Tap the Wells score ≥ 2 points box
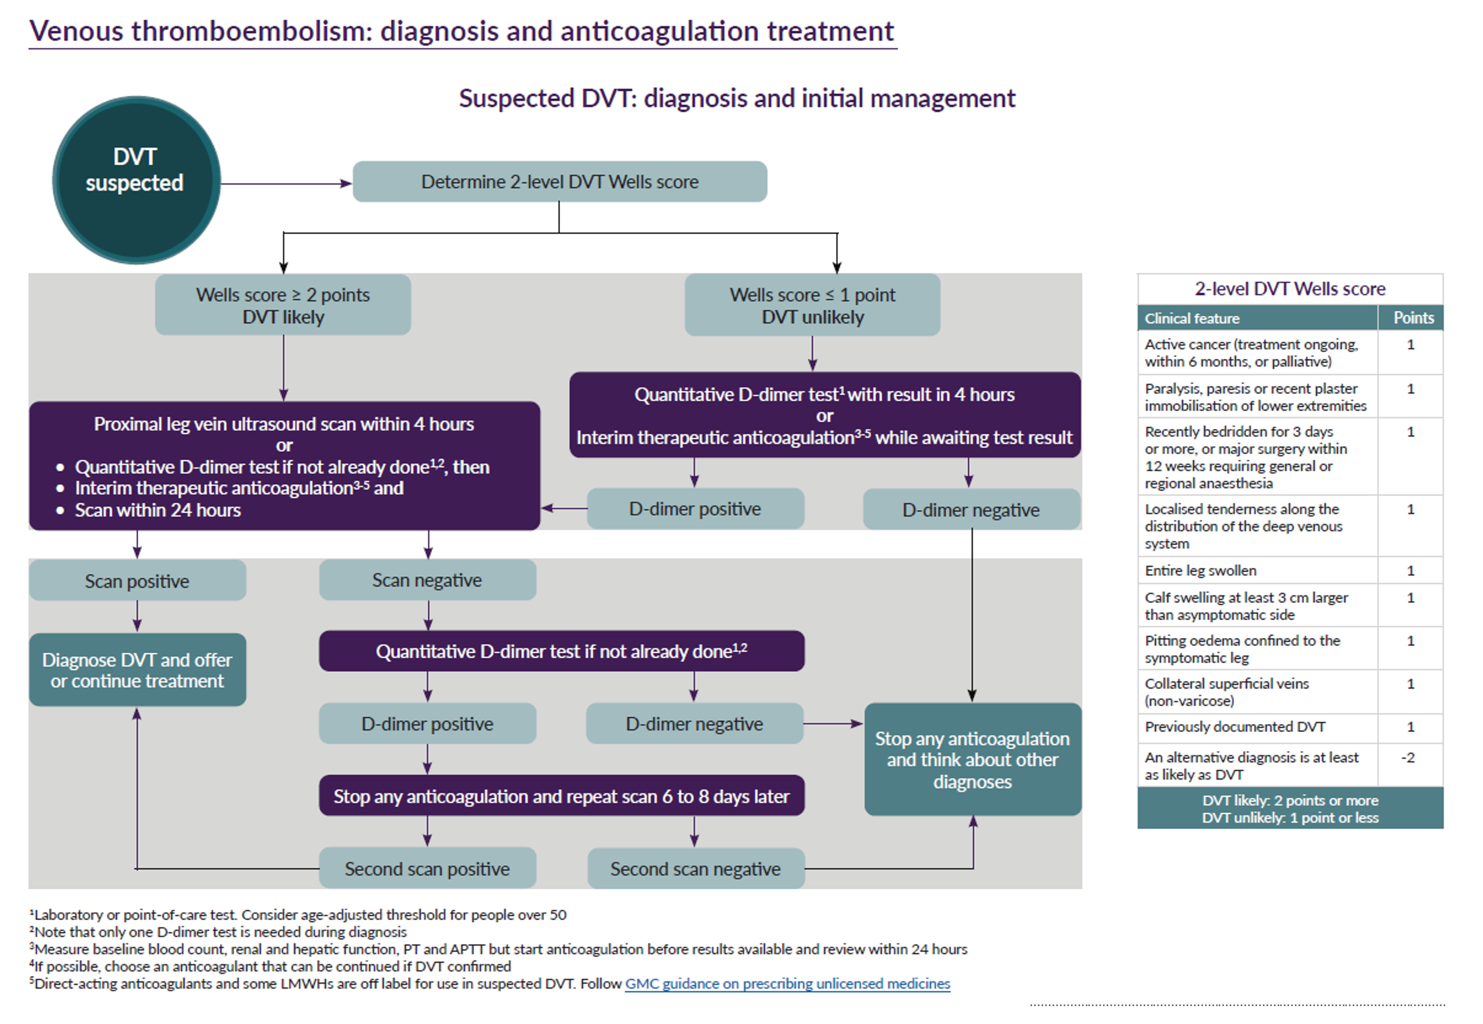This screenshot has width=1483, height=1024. [283, 305]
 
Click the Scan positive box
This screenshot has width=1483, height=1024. [137, 581]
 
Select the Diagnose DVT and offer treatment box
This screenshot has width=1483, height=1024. [137, 670]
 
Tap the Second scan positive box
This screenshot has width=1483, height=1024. [428, 869]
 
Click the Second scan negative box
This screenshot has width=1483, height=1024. [696, 869]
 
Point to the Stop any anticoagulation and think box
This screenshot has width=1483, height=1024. [972, 760]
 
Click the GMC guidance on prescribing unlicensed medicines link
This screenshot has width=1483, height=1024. [787, 983]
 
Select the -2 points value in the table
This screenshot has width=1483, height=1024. [1408, 758]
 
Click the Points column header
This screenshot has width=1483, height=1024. [1413, 318]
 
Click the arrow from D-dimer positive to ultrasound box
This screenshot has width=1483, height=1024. [564, 508]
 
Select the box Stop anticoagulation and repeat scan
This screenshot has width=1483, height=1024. [562, 796]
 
